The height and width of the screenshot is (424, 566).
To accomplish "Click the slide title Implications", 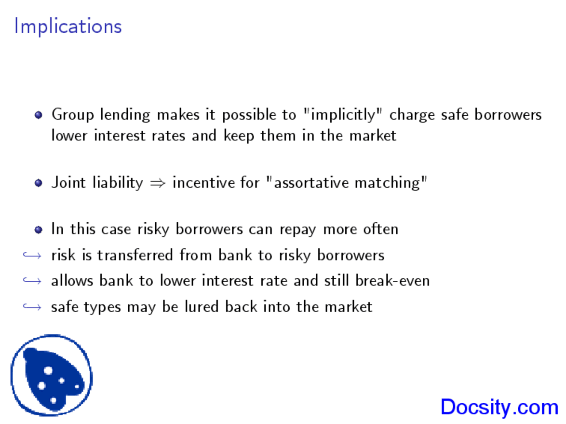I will (68, 26).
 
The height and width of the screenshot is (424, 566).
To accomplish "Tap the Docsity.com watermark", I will (499, 407).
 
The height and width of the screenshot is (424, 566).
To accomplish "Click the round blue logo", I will (51, 375).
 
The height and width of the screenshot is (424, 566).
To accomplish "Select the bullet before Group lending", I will (38, 115).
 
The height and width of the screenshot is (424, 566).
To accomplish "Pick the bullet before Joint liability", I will (38, 183).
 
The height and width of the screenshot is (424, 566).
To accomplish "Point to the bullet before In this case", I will (38, 230).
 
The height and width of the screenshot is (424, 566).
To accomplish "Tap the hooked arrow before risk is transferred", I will (32, 255).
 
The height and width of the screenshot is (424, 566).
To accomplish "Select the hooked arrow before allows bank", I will (32, 281).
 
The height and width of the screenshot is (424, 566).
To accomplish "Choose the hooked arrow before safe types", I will (32, 307).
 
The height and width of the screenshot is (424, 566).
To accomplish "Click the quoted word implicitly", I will (343, 115).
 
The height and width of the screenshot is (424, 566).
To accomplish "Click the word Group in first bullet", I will (73, 115).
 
